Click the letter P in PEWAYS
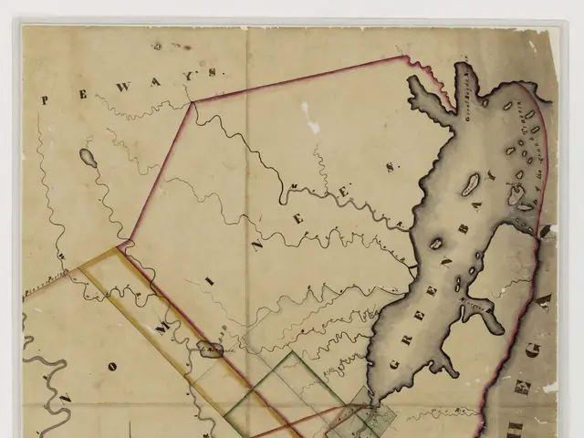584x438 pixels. click(43, 100)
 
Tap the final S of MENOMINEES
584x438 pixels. click(390, 166)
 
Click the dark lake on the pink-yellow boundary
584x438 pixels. click(211, 347)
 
